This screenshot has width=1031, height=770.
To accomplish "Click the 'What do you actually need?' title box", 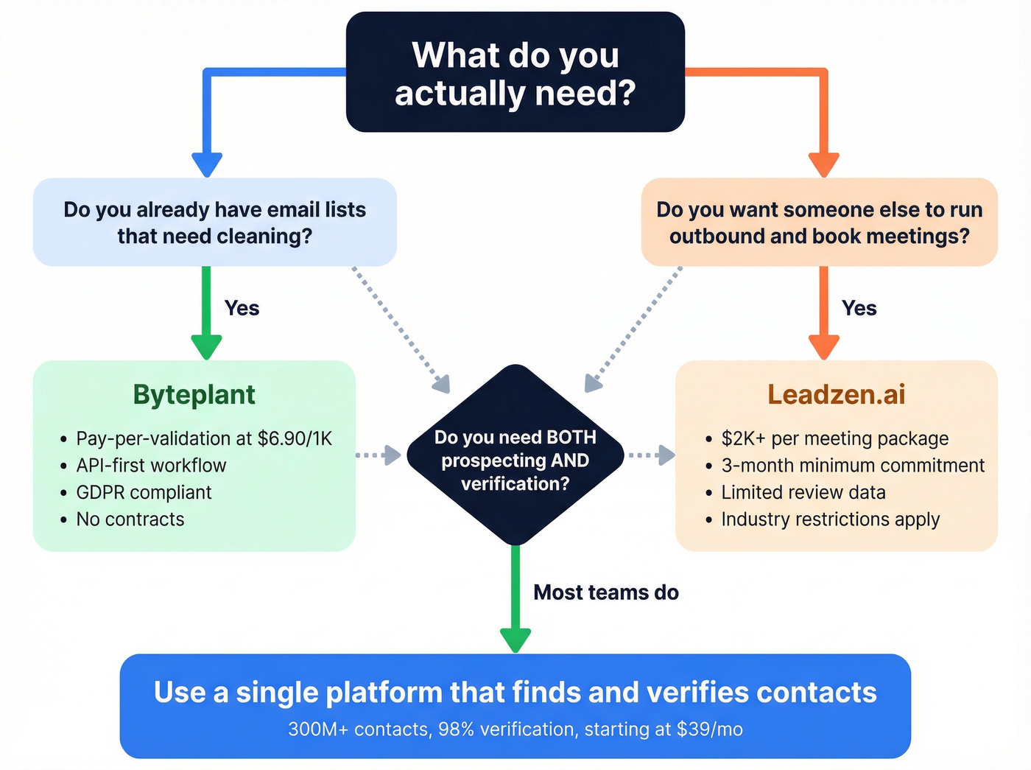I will click(x=515, y=72).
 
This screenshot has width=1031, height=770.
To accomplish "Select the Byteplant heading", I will click(x=194, y=395).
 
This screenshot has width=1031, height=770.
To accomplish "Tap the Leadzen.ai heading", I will click(x=836, y=395).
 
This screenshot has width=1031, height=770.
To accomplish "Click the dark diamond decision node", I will click(x=515, y=455).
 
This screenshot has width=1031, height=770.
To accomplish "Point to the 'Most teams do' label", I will click(x=605, y=592).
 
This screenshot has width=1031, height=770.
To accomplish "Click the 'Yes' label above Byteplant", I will click(x=242, y=308).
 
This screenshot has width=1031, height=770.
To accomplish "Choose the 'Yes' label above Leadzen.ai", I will click(x=859, y=308).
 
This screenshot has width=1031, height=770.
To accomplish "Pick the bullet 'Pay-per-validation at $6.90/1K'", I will click(x=204, y=438).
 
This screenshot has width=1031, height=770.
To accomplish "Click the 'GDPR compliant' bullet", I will click(x=144, y=492).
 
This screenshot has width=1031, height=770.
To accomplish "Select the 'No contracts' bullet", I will click(x=130, y=519).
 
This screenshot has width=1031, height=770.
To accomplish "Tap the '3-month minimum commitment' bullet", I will click(x=853, y=466).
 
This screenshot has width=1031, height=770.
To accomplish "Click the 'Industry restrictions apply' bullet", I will click(x=830, y=519).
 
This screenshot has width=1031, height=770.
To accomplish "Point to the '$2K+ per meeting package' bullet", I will click(x=834, y=438).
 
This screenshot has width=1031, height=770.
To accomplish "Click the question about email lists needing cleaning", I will click(x=214, y=223).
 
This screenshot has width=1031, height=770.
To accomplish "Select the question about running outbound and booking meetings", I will click(x=819, y=223).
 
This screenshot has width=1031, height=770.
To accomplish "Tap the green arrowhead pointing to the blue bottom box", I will click(x=515, y=639).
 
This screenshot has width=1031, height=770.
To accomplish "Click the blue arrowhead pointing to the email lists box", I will click(x=207, y=164).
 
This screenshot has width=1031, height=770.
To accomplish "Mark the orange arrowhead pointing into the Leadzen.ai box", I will click(x=823, y=346).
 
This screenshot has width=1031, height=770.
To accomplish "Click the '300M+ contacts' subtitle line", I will click(x=515, y=729).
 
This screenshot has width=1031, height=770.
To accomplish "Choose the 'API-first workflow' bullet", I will click(x=151, y=466).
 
